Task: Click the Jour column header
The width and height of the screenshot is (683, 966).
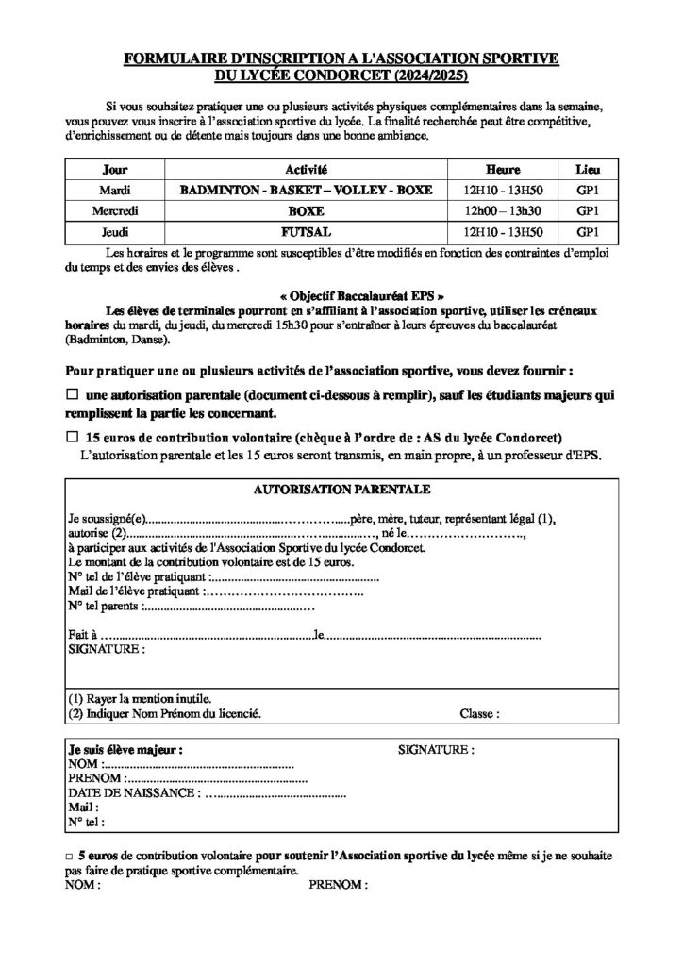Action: click(x=114, y=171)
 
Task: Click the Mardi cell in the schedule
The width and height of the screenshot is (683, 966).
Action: click(x=115, y=190)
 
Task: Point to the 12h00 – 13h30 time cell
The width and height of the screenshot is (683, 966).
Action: click(x=503, y=210)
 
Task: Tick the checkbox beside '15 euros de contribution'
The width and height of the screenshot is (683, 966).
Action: click(x=73, y=438)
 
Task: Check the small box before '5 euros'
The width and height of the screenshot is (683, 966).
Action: click(x=69, y=854)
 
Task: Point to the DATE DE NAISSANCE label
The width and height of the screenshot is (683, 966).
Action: click(x=132, y=794)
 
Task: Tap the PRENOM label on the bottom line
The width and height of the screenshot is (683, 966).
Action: click(x=338, y=886)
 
